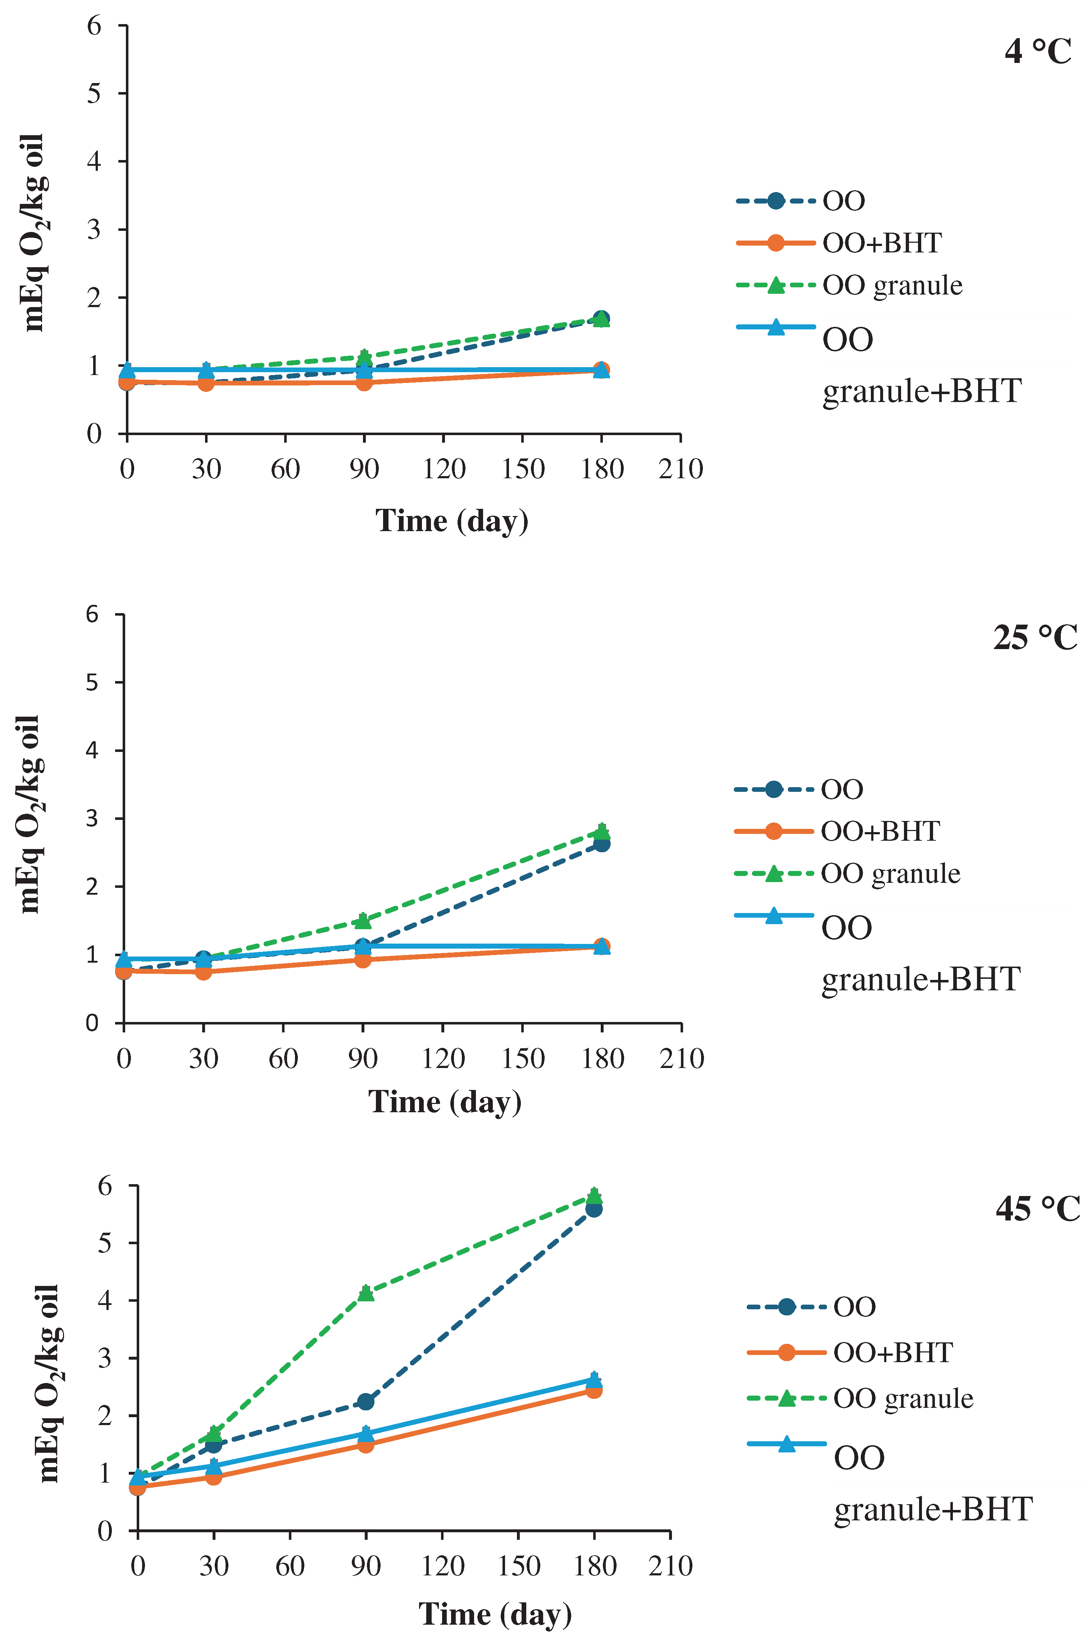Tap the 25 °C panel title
pyautogui.click(x=1035, y=637)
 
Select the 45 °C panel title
pyautogui.click(x=1037, y=1209)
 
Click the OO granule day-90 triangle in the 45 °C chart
pyautogui.click(x=366, y=1292)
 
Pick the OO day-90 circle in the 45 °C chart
pyautogui.click(x=365, y=1402)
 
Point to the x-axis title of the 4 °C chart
pyautogui.click(x=452, y=521)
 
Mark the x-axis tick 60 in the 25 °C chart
pyautogui.click(x=283, y=1059)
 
